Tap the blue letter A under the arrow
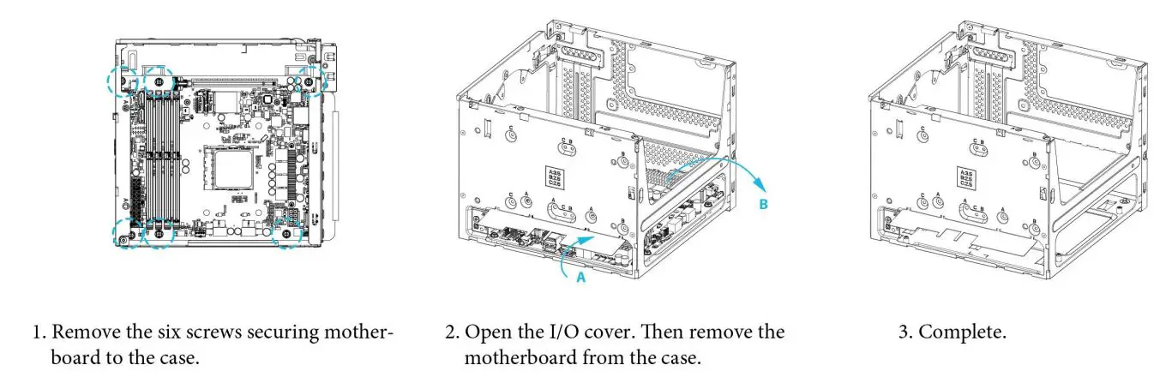[579, 278]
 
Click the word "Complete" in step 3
[962, 332]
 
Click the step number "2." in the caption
[452, 332]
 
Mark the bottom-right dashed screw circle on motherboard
[286, 233]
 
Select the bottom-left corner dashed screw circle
[125, 234]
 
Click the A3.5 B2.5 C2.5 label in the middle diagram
[555, 178]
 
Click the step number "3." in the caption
[905, 332]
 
